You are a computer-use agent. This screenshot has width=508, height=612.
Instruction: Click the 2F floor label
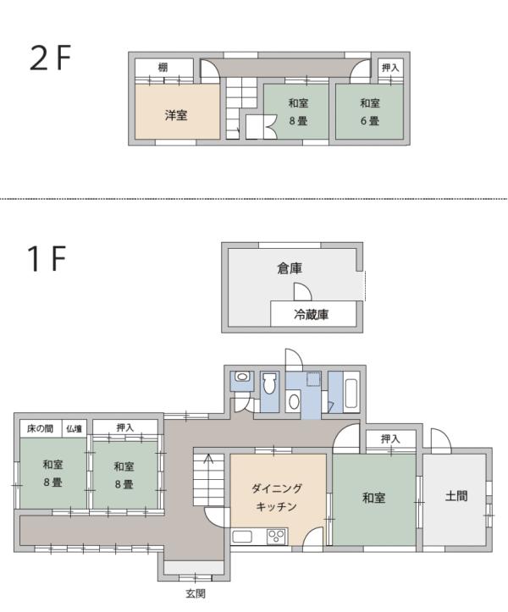49,58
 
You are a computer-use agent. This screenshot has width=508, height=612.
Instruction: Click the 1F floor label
46,261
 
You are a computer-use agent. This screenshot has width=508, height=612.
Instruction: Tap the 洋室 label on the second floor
176,116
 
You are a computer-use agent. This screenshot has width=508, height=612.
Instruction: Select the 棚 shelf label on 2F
162,68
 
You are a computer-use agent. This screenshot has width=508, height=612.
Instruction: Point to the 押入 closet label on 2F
389,68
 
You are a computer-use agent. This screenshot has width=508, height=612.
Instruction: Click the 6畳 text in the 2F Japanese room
369,120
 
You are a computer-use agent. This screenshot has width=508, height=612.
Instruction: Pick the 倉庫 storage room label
290,268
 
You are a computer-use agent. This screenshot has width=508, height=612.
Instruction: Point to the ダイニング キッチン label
276,498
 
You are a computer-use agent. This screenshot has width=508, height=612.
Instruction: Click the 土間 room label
456,496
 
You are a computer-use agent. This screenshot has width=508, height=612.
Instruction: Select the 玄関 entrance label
195,593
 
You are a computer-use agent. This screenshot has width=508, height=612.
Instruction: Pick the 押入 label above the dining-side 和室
389,439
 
